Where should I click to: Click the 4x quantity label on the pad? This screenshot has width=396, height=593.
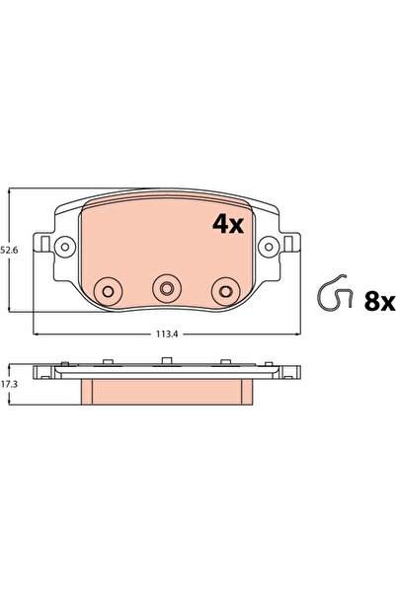[x=228, y=225]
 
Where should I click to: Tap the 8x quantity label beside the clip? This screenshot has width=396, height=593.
[x=378, y=301]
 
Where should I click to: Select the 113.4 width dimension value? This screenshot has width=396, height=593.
[x=166, y=334]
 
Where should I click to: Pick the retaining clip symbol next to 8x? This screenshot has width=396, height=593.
[x=337, y=295]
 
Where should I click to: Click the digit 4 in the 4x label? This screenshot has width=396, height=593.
[x=220, y=225]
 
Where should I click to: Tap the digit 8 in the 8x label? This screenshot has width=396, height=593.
[x=371, y=301]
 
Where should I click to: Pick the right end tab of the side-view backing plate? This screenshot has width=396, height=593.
[x=291, y=372]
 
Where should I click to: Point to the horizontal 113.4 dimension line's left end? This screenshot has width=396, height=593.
[x=34, y=334]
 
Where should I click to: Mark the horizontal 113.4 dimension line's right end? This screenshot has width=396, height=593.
[x=299, y=334]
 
